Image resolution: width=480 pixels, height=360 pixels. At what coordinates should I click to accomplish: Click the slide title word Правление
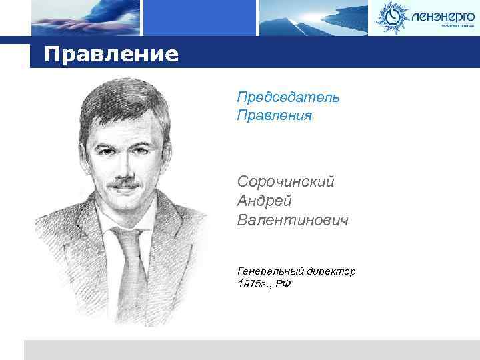111,53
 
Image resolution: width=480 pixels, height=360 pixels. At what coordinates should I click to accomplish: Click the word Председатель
288,97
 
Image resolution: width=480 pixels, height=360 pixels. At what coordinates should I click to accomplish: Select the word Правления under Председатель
274,116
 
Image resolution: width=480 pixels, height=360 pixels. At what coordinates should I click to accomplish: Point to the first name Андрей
264,200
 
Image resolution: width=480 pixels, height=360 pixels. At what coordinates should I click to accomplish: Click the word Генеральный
269,271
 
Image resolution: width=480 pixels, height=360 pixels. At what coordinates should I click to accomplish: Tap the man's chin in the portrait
128,208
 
